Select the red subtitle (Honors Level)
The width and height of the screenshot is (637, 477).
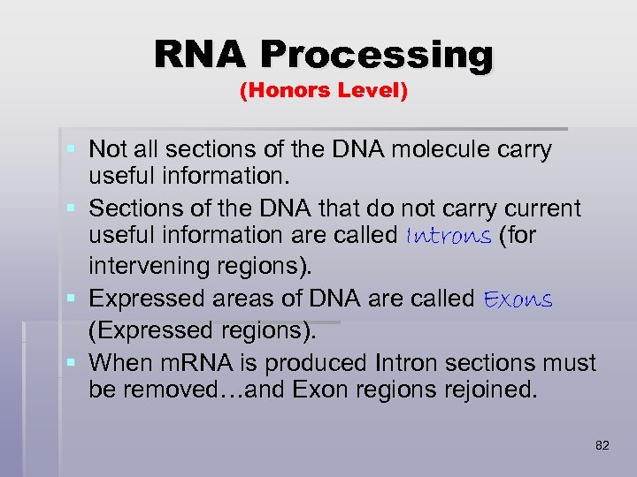coord(324,91)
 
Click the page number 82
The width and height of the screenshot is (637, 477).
coord(602,446)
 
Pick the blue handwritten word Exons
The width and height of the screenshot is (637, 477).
coord(518,299)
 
